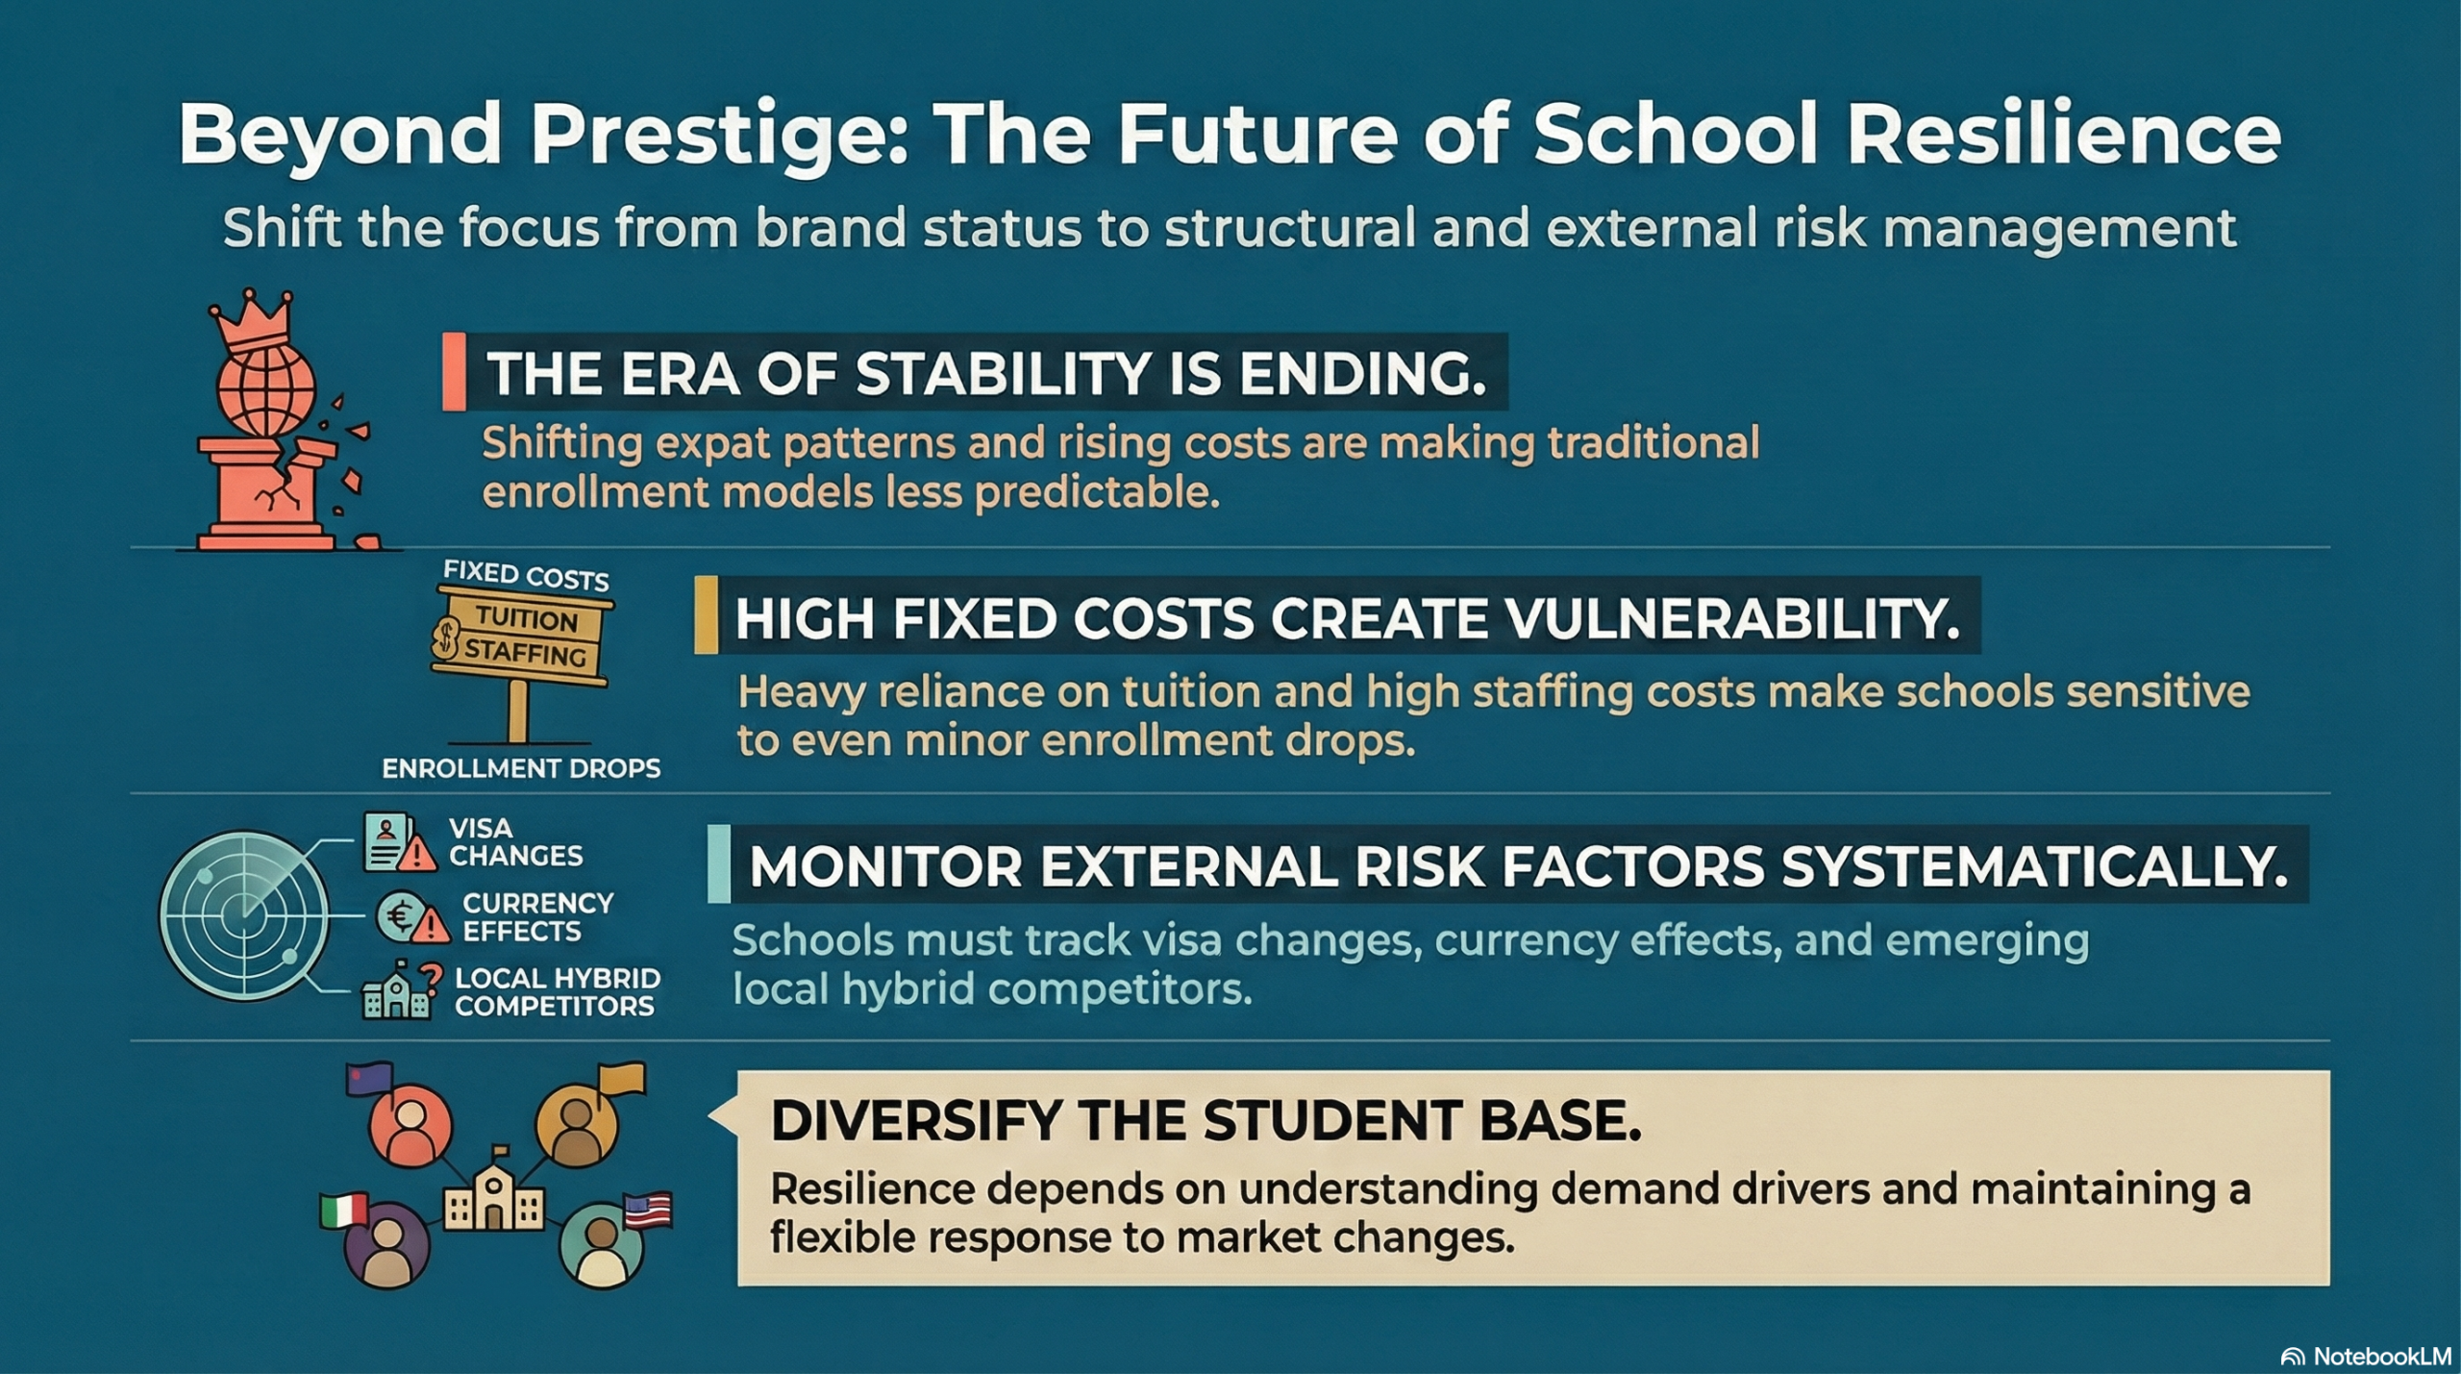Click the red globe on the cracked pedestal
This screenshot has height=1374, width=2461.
pyautogui.click(x=266, y=389)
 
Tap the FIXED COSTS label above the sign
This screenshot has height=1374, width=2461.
pyautogui.click(x=526, y=576)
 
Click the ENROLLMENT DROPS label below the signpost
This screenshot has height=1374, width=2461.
pyautogui.click(x=521, y=768)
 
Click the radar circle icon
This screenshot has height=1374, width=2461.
pyautogui.click(x=244, y=916)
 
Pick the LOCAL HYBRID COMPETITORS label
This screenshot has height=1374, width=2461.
pyautogui.click(x=557, y=992)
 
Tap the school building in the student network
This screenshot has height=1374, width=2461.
pyautogui.click(x=493, y=1192)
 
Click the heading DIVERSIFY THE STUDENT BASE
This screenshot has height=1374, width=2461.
pyautogui.click(x=1206, y=1121)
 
